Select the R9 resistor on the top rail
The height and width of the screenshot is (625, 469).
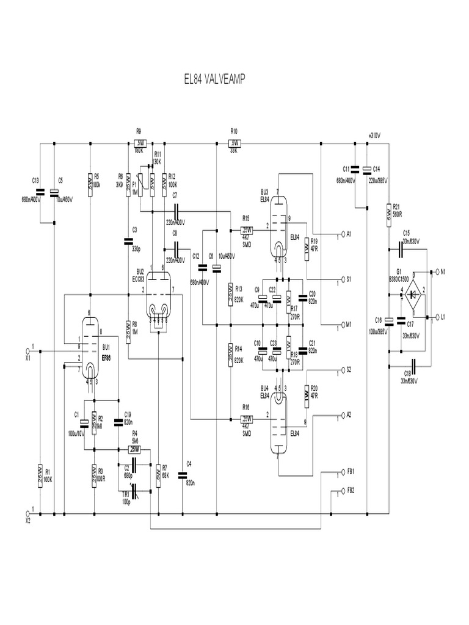(x=139, y=143)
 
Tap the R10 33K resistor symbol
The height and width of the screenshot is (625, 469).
(x=234, y=143)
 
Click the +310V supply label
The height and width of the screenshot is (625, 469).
(x=374, y=135)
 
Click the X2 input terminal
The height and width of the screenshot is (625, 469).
(x=27, y=513)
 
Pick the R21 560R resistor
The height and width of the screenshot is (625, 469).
(x=388, y=215)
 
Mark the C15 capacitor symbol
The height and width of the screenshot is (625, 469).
(x=401, y=248)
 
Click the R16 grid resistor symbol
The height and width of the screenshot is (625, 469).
(x=246, y=419)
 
